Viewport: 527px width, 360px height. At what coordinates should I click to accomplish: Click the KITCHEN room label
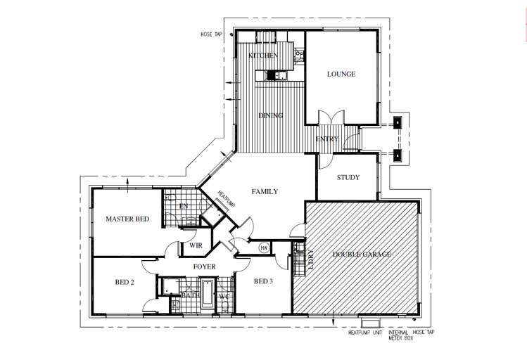263,56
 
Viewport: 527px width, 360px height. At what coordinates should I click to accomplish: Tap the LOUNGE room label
341,74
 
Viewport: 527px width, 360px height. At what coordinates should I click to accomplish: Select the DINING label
270,116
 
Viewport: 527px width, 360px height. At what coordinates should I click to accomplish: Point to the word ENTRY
327,139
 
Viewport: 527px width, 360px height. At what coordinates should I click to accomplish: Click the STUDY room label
348,177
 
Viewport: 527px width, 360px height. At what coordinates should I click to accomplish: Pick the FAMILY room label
265,191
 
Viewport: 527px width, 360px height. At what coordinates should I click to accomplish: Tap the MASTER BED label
127,219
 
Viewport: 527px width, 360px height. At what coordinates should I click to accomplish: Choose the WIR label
195,246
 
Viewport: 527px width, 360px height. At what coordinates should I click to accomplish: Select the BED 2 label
125,283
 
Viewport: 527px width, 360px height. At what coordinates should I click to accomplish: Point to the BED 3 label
264,282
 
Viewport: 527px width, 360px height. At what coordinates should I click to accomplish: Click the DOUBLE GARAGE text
362,254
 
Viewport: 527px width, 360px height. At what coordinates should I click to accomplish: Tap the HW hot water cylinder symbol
265,247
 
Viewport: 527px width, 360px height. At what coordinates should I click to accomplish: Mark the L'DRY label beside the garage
310,259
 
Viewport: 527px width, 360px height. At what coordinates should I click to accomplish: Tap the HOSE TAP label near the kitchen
211,33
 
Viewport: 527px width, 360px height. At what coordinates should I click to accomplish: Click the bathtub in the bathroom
207,293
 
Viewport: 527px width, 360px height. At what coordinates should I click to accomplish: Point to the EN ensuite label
183,206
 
